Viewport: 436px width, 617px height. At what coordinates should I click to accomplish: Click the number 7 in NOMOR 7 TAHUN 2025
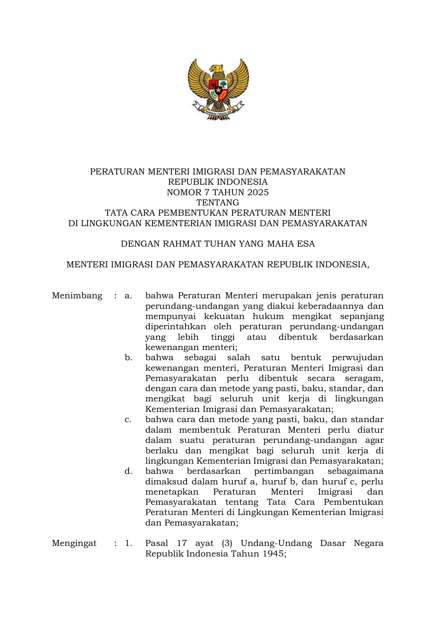(206, 192)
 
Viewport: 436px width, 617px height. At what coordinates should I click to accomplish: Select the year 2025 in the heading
(258, 192)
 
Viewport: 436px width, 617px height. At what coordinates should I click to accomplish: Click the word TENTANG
(218, 203)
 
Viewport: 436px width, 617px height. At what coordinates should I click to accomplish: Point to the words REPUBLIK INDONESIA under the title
(218, 182)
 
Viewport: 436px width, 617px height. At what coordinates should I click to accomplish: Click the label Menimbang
(77, 295)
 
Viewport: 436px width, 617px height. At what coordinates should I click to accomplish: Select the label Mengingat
(74, 543)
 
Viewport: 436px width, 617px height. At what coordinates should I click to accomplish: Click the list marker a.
(128, 296)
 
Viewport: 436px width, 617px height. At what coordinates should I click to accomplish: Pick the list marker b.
(128, 358)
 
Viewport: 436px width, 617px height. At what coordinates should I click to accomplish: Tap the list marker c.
(128, 420)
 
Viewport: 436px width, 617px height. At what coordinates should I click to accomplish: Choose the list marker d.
(128, 471)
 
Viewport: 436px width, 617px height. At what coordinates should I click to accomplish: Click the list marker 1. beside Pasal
(129, 543)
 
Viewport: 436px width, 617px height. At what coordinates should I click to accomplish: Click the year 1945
(275, 554)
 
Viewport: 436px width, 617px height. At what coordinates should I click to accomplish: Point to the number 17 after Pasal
(182, 543)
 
